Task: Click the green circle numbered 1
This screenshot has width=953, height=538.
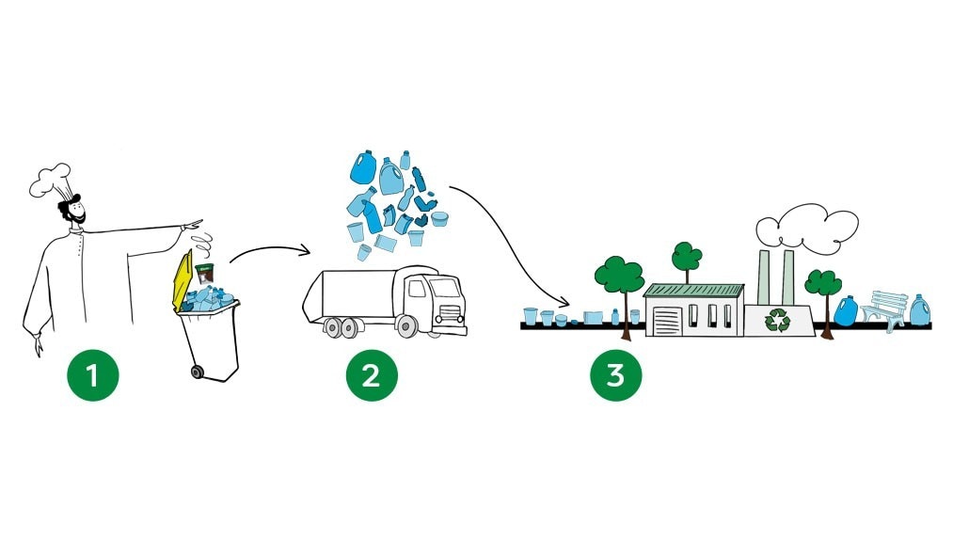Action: point(92,376)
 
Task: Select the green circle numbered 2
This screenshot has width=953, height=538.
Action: point(371,376)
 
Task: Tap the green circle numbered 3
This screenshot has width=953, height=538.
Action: point(615,376)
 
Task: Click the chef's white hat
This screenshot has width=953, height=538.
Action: point(52,180)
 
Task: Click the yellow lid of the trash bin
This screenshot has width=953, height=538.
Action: point(182,278)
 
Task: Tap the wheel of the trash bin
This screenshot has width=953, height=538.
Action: point(198,372)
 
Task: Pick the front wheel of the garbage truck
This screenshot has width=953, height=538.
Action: point(406,326)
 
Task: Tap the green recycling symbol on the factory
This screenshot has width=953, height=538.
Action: point(778,320)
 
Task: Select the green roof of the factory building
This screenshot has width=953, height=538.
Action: point(694,291)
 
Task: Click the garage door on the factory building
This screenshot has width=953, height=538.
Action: point(666,320)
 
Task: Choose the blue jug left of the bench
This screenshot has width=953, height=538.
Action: point(845,311)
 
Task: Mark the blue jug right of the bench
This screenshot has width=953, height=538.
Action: point(919,310)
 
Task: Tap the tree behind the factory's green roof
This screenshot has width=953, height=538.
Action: point(686,257)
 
